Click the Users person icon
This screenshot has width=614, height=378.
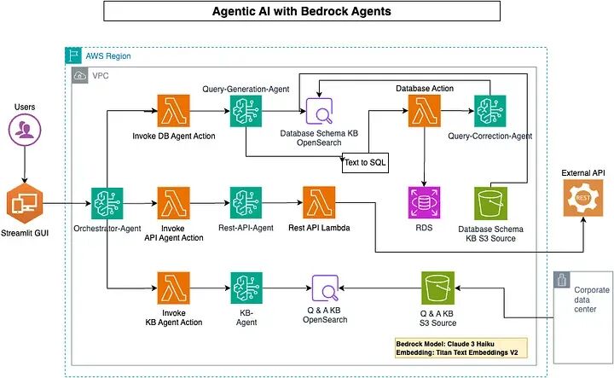pyautogui.click(x=25, y=130)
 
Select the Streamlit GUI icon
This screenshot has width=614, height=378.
pyautogui.click(x=25, y=203)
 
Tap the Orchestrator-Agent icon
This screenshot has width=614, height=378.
pyautogui.click(x=107, y=203)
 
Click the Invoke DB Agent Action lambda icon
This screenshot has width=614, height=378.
pyautogui.click(x=173, y=111)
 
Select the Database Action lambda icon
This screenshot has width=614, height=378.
pyautogui.click(x=423, y=111)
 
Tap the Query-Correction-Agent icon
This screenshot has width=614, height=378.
pyautogui.click(x=490, y=111)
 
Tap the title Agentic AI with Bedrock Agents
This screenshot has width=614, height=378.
pyautogui.click(x=301, y=12)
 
